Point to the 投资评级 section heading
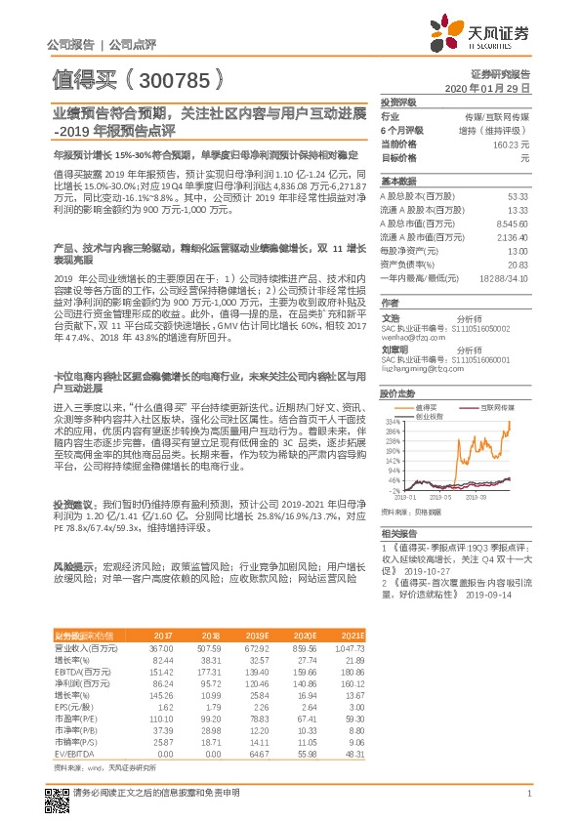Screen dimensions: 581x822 click(x=398, y=102)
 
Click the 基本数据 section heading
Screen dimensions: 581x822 click(x=398, y=182)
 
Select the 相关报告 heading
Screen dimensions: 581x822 click(x=398, y=533)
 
